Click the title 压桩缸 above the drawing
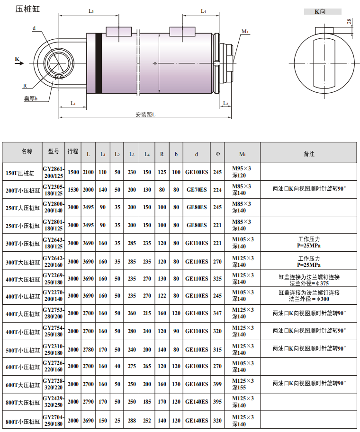[x=27, y=9]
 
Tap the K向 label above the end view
[x=320, y=11]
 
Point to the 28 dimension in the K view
[x=349, y=21]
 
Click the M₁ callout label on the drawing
[x=245, y=31]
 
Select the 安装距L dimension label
[x=145, y=115]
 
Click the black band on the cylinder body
[x=99, y=63]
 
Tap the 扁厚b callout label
[x=31, y=98]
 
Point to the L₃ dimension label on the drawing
[x=91, y=11]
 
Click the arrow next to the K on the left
[x=19, y=63]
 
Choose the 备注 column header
[x=309, y=154]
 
